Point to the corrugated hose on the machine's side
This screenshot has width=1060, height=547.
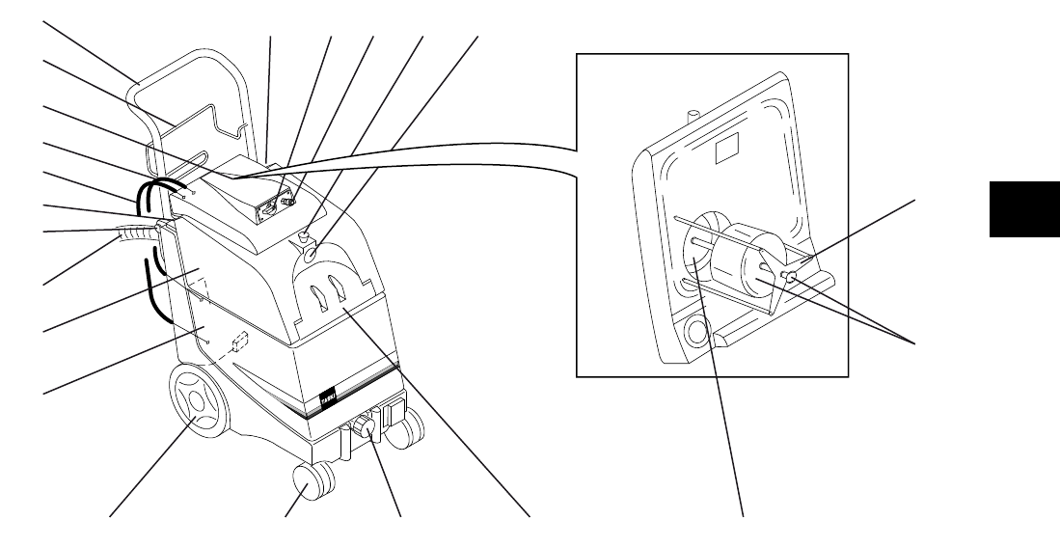[x=135, y=232]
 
